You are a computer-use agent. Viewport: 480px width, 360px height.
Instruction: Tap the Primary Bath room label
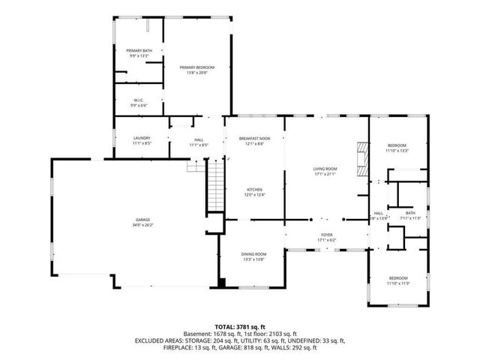tap(138, 50)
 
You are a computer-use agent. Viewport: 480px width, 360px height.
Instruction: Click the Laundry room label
tap(142, 138)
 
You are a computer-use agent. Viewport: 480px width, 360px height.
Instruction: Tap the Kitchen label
tap(254, 189)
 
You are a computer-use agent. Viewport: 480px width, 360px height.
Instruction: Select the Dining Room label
tap(253, 254)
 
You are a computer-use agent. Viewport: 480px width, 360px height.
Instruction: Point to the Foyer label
tap(326, 235)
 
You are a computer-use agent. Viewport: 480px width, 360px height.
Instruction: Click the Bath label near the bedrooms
tap(410, 213)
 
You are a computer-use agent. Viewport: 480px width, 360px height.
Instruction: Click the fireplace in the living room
tap(364, 159)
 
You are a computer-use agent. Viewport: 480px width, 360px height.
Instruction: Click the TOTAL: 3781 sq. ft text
tap(240, 326)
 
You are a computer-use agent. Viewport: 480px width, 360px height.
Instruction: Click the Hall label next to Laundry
tap(199, 139)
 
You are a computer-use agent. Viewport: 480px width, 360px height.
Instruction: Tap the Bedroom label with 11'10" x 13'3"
tap(397, 145)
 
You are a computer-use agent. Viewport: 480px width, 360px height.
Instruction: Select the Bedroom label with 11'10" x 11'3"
tap(397, 278)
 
